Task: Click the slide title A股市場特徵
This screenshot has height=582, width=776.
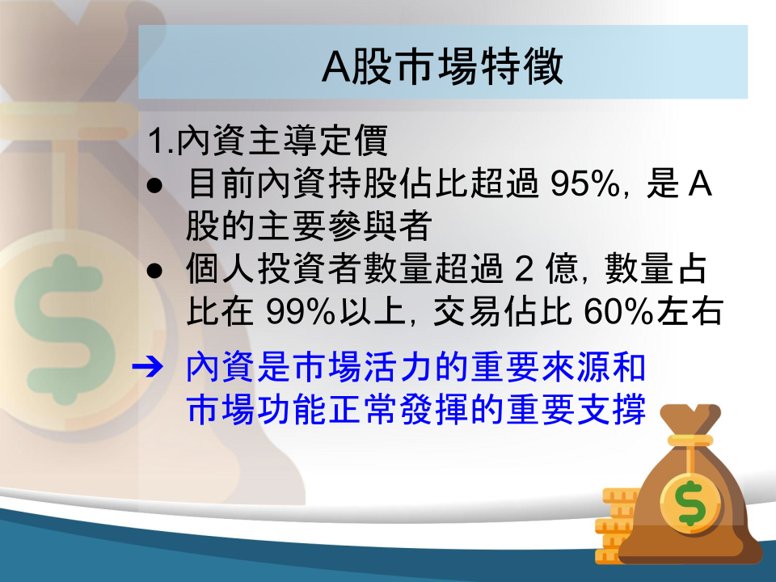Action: pyautogui.click(x=442, y=65)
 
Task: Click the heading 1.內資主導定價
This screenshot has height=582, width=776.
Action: pyautogui.click(x=268, y=140)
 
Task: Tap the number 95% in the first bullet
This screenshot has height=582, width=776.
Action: pyautogui.click(x=585, y=184)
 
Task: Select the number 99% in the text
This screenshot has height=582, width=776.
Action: pyautogui.click(x=301, y=311)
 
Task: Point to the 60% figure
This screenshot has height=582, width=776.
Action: pyautogui.click(x=619, y=311)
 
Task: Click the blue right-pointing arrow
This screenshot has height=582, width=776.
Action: pyautogui.click(x=147, y=367)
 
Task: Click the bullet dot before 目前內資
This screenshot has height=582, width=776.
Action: pyautogui.click(x=155, y=185)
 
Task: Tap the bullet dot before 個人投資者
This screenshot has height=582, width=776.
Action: pyautogui.click(x=155, y=270)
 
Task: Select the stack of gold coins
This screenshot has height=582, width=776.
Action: pyautogui.click(x=616, y=525)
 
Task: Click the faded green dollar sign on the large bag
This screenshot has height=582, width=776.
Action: pyautogui.click(x=65, y=329)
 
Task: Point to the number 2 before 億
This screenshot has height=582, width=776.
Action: pyautogui.click(x=525, y=269)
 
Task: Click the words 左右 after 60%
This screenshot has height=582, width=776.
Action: pyautogui.click(x=690, y=311)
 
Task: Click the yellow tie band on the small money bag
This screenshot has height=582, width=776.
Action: pyautogui.click(x=690, y=440)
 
